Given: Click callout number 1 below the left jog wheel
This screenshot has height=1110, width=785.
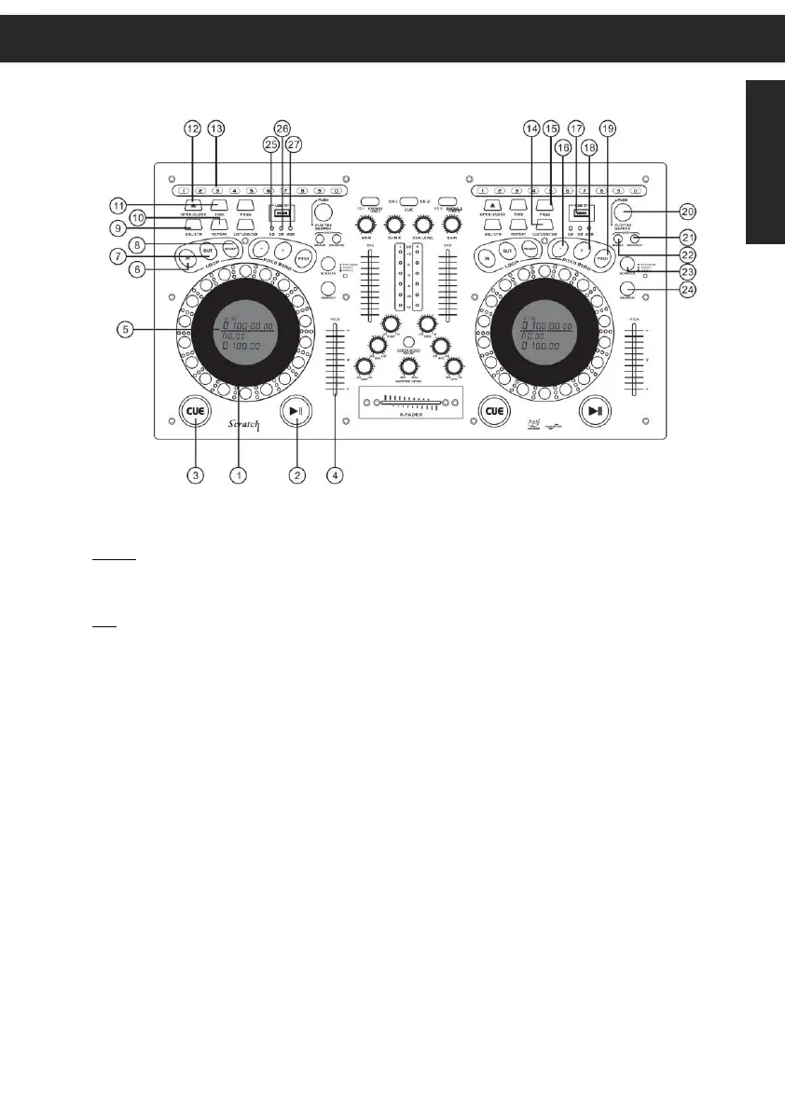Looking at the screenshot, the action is [x=240, y=475].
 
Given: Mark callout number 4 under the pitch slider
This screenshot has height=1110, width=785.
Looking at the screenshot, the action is [x=337, y=475].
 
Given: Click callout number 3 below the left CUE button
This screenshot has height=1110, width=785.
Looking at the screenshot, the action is [x=195, y=475].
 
